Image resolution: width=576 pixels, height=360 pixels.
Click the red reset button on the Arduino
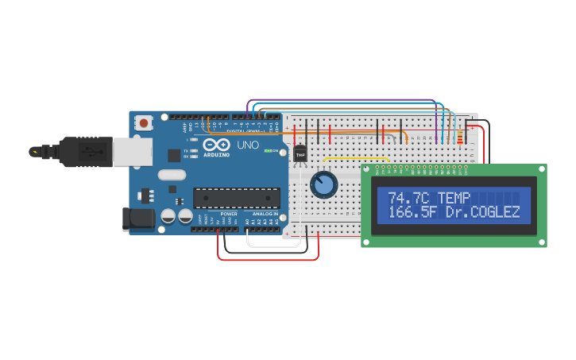pyautogui.click(x=144, y=122)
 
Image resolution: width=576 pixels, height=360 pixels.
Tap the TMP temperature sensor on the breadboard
pyautogui.click(x=300, y=153)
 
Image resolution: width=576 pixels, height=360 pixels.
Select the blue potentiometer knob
pyautogui.click(x=323, y=185)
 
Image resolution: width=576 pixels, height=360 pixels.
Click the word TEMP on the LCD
pyautogui.click(x=454, y=198)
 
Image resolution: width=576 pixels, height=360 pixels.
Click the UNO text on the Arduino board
pyautogui.click(x=248, y=145)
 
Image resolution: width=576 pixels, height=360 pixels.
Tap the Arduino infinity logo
pyautogui.click(x=215, y=145)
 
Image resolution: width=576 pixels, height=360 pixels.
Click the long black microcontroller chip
pyautogui.click(x=237, y=198)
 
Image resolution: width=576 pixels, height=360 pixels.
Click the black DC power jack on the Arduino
pyautogui.click(x=138, y=219)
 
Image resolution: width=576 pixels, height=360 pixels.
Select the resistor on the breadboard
pyautogui.click(x=461, y=138)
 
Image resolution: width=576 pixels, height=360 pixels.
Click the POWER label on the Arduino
pyautogui.click(x=229, y=214)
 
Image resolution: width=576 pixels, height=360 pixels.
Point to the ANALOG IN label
pyautogui.click(x=265, y=214)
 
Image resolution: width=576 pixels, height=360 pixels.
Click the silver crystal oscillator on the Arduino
pyautogui.click(x=172, y=175)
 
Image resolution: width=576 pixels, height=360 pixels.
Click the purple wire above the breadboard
pyautogui.click(x=342, y=100)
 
